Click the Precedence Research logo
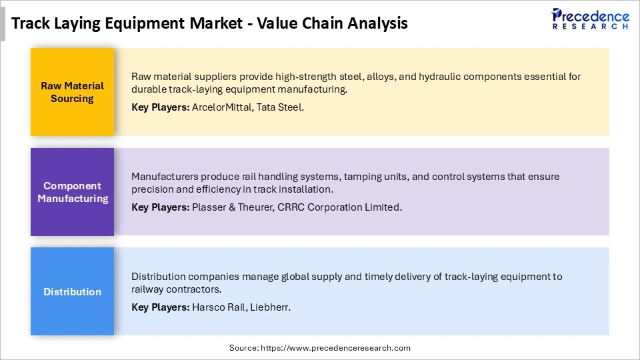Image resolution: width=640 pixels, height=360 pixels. [590, 19]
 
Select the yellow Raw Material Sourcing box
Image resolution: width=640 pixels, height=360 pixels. [72, 92]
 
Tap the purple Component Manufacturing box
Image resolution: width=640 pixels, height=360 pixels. [72, 192]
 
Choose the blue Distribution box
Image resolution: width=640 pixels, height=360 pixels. [72, 291]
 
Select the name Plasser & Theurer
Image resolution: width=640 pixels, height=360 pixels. [231, 207]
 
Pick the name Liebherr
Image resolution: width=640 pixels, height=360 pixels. [273, 307]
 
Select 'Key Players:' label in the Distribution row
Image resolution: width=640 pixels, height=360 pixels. [160, 307]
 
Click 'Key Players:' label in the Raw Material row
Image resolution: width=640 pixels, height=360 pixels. [160, 107]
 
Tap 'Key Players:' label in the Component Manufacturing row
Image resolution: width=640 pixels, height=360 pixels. [160, 207]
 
